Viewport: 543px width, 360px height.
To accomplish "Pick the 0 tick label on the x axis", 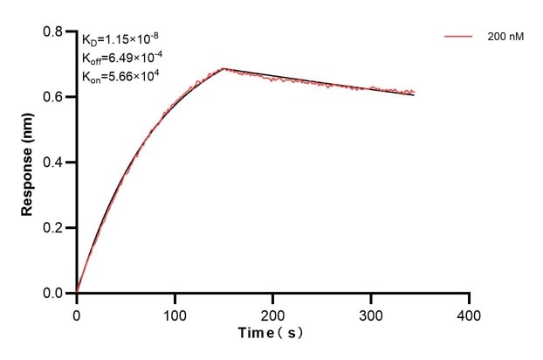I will [x=77, y=313].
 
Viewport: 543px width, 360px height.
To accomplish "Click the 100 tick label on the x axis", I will [x=175, y=313].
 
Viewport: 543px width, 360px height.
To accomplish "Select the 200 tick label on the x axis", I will [x=273, y=313].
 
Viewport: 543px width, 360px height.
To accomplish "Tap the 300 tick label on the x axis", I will [x=371, y=313].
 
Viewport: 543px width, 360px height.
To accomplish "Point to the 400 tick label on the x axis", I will [x=470, y=313].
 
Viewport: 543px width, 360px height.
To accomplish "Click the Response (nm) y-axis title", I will [x=28, y=163].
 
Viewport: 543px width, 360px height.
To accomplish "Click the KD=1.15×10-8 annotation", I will [x=120, y=39].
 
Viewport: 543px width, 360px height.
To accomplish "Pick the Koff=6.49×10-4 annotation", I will [x=121, y=58].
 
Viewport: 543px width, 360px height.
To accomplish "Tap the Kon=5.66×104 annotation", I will [x=120, y=77].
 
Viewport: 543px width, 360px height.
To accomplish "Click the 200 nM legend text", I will [x=505, y=38].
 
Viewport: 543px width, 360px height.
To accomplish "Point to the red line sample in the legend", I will [x=458, y=38].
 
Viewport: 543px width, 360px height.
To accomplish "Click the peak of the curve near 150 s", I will [x=223, y=68].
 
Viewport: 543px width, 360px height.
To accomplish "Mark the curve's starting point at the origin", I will [x=77, y=293].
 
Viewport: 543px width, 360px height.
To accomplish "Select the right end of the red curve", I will [x=414, y=92].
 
